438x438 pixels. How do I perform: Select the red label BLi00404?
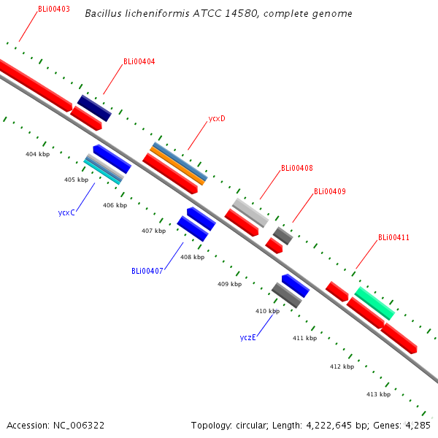click(x=139, y=62)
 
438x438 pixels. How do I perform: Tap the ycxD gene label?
click(x=217, y=118)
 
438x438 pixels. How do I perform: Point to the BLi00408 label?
click(x=297, y=169)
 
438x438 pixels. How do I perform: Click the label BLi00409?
click(x=330, y=192)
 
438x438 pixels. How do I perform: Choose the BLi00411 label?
click(x=393, y=237)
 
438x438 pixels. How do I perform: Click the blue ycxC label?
click(x=67, y=213)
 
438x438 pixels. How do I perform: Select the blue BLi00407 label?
click(x=147, y=271)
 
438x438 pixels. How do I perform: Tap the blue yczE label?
click(x=247, y=337)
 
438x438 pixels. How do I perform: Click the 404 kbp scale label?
click(x=37, y=155)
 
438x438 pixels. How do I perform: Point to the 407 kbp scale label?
click(x=153, y=231)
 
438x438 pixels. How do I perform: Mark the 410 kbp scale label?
click(x=267, y=311)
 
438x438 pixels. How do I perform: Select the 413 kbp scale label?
click(x=378, y=394)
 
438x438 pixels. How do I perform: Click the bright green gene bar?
click(x=374, y=303)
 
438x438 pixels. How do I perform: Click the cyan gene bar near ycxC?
click(x=102, y=172)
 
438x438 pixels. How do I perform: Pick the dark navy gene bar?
click(x=94, y=107)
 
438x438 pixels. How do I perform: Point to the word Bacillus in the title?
click(x=102, y=14)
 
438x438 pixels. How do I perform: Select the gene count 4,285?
click(x=417, y=425)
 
